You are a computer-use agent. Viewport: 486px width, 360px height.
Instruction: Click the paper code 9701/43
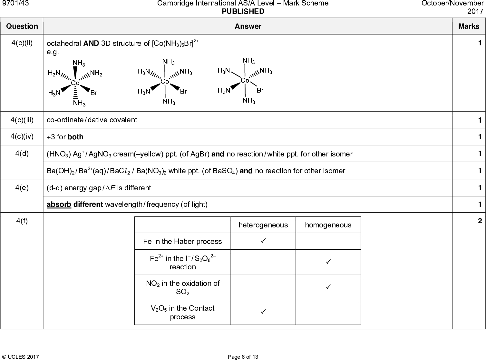pos(12,3)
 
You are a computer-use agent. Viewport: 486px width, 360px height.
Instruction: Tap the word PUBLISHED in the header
pos(243,12)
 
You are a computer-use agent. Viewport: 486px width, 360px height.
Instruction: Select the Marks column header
pos(469,26)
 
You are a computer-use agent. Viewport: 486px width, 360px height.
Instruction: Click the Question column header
pos(22,26)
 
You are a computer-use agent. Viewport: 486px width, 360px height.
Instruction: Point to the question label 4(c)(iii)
pos(22,120)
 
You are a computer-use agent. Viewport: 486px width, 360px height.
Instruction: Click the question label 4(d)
pos(22,154)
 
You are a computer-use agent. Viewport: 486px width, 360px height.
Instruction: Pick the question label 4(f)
pos(22,221)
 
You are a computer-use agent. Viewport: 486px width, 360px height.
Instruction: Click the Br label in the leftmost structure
pos(94,93)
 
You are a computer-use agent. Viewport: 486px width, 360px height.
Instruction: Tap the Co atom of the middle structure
pos(165,81)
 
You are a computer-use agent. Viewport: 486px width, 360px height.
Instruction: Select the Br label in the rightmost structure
pos(260,91)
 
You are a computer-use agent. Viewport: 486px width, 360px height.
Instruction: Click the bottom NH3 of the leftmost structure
pos(79,103)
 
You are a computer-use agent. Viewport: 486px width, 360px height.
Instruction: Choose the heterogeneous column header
pos(263,225)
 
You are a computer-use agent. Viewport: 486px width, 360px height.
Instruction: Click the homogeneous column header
pos(328,225)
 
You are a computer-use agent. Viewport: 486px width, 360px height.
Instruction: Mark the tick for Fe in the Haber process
pos(263,241)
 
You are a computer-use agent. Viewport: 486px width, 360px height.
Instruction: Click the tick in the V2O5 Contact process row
pos(263,312)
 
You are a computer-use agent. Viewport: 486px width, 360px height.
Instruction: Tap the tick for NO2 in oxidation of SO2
pos(328,286)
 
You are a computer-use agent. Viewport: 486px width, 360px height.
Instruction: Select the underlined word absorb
pos(59,205)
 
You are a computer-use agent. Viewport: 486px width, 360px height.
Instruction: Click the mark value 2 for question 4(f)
pos(480,221)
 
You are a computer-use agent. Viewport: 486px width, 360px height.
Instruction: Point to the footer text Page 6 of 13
pos(243,357)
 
